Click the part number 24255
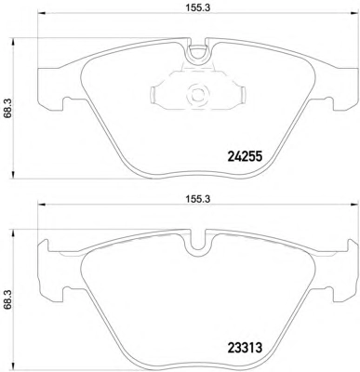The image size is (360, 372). coord(245,156)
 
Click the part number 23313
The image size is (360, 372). coord(245,348)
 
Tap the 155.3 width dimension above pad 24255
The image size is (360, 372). coord(198,8)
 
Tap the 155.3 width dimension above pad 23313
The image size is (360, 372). coord(198,199)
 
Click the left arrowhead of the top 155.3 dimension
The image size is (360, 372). coord(41,13)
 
